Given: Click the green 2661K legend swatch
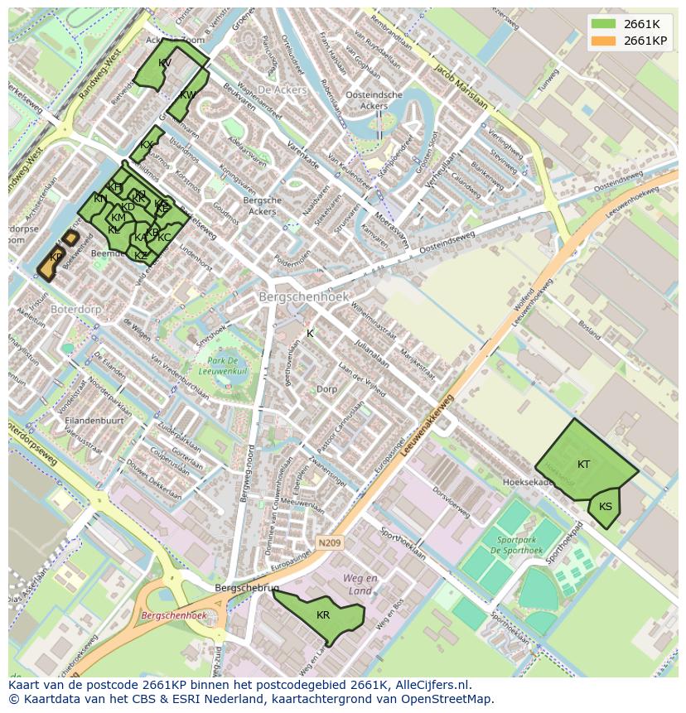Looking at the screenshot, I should (x=604, y=24).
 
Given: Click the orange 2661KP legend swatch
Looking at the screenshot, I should (x=604, y=41).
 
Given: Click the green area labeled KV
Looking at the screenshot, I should (x=164, y=65).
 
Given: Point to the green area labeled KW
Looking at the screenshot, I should (x=187, y=96).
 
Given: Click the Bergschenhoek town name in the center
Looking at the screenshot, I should (x=303, y=296).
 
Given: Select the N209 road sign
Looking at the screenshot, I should (x=328, y=543).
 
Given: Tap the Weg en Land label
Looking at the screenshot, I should (x=360, y=584).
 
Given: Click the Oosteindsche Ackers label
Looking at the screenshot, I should (x=374, y=100).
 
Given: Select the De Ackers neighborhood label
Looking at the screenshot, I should (x=281, y=89).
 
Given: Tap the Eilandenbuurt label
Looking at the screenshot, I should (x=94, y=421).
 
